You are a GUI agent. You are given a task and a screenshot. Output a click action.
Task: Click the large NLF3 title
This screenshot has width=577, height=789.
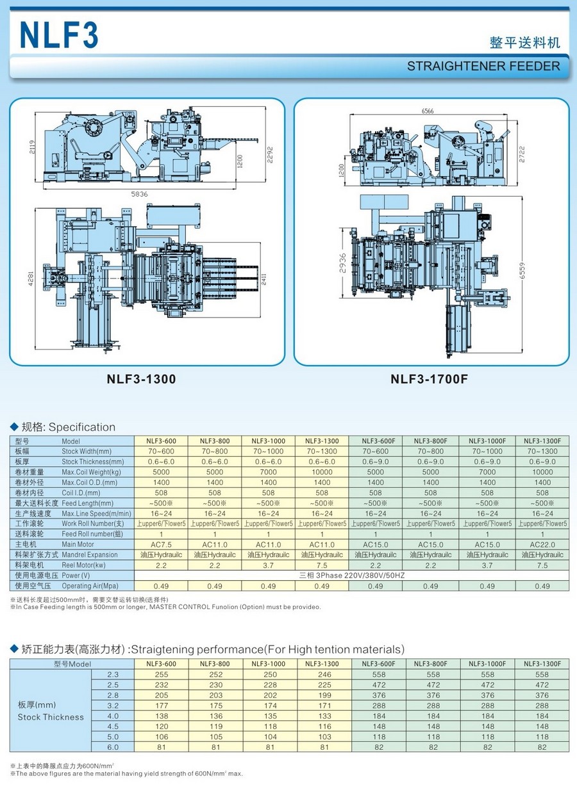(x=60, y=35)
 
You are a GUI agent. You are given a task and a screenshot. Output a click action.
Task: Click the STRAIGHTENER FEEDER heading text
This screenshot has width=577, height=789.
(x=483, y=66)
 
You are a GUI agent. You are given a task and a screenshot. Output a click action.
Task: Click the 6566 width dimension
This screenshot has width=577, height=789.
(x=428, y=111)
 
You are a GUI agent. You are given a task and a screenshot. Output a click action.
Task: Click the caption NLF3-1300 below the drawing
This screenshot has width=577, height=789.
(x=141, y=379)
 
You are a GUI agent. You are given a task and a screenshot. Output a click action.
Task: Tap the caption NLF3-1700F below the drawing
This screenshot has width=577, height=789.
(x=430, y=379)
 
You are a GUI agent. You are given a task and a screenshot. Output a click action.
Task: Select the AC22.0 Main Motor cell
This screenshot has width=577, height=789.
(x=542, y=544)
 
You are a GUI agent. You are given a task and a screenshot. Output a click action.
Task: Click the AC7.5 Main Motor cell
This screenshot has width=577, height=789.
(x=161, y=544)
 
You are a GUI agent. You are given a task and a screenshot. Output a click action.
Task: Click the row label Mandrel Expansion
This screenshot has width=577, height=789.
(x=90, y=555)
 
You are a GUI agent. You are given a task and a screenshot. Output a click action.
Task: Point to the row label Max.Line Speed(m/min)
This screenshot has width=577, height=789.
(x=96, y=514)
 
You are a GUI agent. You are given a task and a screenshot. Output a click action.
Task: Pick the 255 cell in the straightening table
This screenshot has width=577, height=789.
(x=161, y=674)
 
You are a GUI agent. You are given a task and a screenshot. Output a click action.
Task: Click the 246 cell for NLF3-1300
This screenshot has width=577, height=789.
(x=322, y=674)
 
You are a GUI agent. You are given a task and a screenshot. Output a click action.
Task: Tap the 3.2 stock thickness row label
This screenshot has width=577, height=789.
(x=113, y=705)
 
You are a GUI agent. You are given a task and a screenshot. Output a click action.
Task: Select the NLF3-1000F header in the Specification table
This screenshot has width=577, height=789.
(x=487, y=441)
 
